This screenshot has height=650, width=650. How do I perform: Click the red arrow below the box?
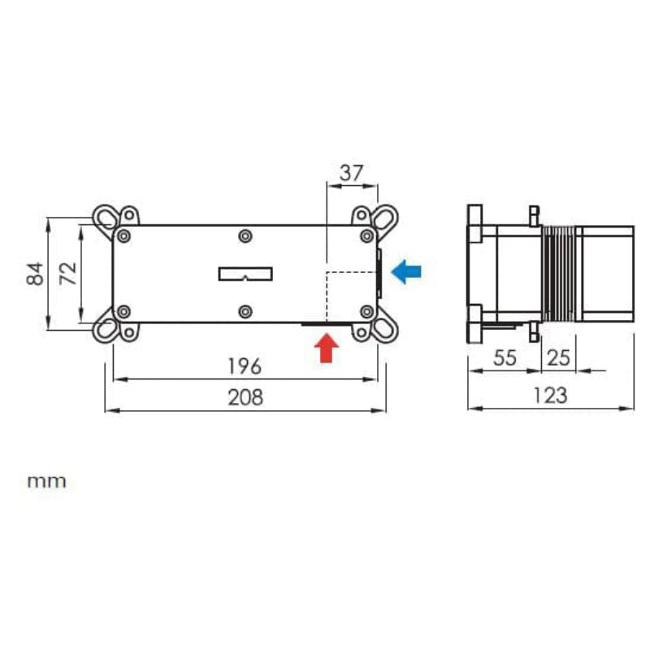pyautogui.click(x=327, y=349)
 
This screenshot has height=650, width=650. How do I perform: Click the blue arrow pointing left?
pyautogui.click(x=406, y=272)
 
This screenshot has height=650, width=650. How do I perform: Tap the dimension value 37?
pyautogui.click(x=352, y=173)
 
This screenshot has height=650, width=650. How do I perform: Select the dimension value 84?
pyautogui.click(x=35, y=274)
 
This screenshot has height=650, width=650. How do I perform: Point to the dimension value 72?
pyautogui.click(x=68, y=274)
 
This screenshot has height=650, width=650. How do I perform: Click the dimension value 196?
pyautogui.click(x=245, y=366)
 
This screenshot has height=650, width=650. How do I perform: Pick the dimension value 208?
pyautogui.click(x=245, y=397)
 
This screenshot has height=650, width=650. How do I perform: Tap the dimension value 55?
pyautogui.click(x=505, y=357)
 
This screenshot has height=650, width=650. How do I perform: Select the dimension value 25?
pyautogui.click(x=558, y=357)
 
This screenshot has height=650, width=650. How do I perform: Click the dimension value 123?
pyautogui.click(x=550, y=396)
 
